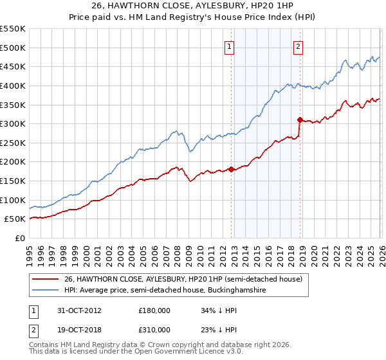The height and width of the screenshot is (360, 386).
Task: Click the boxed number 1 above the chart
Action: (230, 46)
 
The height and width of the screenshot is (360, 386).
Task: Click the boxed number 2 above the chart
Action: (299, 46)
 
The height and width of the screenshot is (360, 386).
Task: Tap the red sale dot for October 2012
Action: (232, 170)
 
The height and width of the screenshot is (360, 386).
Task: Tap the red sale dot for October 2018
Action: (300, 120)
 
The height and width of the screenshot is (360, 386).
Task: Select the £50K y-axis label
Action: (15, 219)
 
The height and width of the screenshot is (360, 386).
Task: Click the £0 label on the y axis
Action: (21, 239)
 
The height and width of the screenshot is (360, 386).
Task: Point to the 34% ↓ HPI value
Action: (219, 310)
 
